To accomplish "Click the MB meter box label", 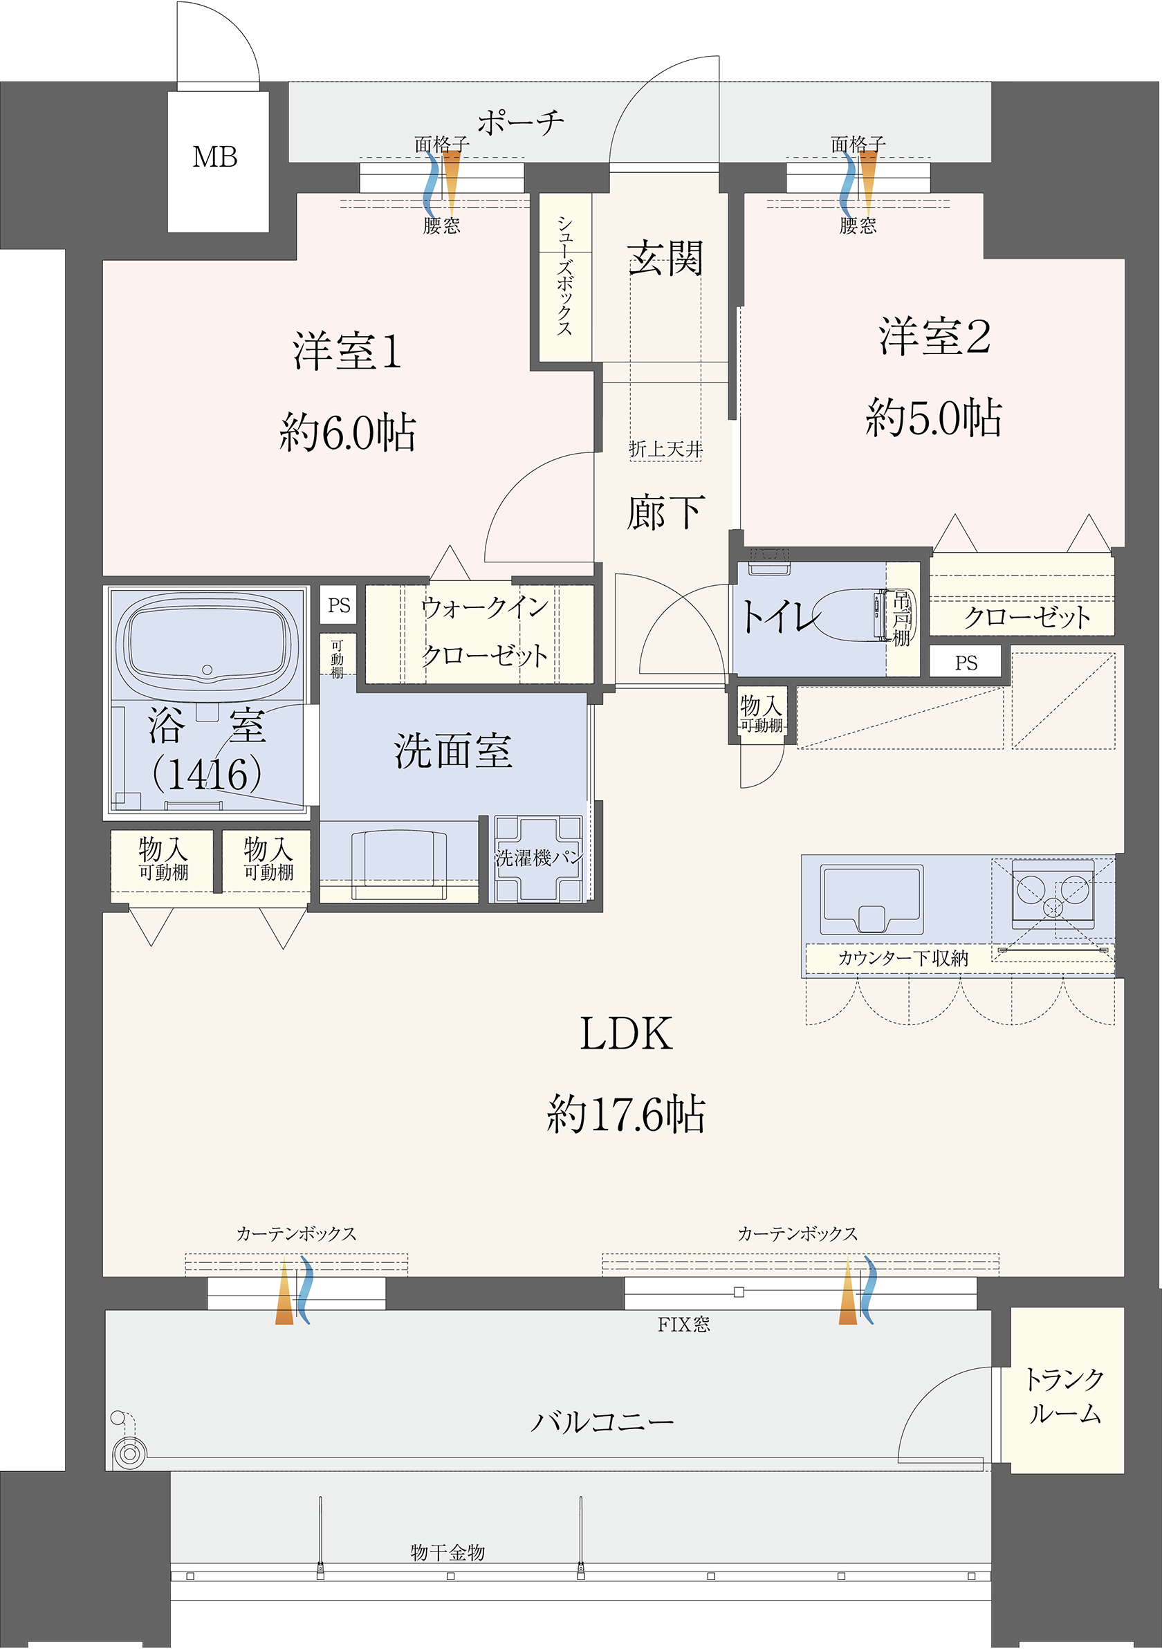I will click(214, 157).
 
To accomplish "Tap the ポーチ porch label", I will click(521, 123).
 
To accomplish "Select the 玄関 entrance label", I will click(665, 259).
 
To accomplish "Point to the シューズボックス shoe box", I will click(564, 277).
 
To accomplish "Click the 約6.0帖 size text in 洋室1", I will click(348, 433).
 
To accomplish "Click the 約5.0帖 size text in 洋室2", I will click(934, 418).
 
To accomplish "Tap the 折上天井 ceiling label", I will click(665, 450).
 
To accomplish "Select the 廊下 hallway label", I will click(665, 513).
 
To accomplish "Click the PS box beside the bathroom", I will click(339, 605).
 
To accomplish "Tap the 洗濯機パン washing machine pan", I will click(539, 858).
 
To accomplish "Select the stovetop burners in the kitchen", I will click(1053, 894).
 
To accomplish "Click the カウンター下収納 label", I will click(903, 958).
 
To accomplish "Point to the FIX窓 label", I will click(683, 1325).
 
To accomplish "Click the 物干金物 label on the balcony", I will click(448, 1552).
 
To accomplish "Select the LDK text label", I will click(625, 1034).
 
